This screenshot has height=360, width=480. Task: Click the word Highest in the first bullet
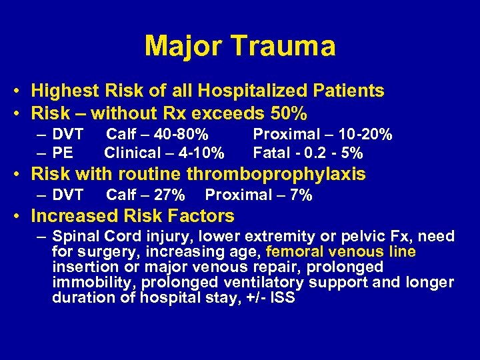(x=63, y=91)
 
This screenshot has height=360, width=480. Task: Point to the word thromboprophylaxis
(x=276, y=175)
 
